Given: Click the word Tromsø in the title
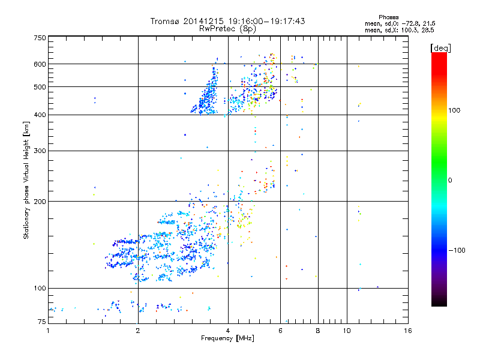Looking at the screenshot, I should pyautogui.click(x=166, y=21).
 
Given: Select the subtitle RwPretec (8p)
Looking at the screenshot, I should pyautogui.click(x=228, y=28).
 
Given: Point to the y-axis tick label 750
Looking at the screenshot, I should pyautogui.click(x=40, y=37).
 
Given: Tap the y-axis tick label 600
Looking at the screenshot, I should pyautogui.click(x=40, y=64).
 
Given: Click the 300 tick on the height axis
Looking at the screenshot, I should pyautogui.click(x=40, y=151).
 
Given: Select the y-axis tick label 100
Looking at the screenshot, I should pyautogui.click(x=40, y=289).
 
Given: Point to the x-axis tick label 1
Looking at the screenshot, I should pyautogui.click(x=48, y=331).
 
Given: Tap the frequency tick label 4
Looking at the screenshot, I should pyautogui.click(x=228, y=331).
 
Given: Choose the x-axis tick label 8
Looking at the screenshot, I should pyautogui.click(x=317, y=331).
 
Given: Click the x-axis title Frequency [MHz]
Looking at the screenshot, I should pyautogui.click(x=228, y=339).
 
